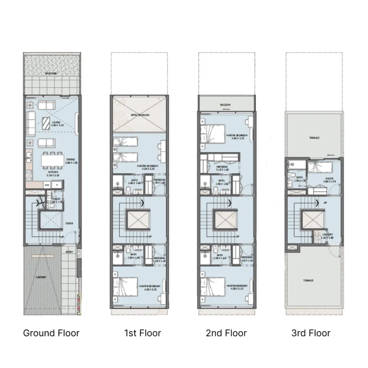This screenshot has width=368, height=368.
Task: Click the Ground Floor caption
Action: [51, 333]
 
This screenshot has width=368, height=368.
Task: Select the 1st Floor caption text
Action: [143, 333]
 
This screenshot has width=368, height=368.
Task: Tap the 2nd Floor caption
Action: [226, 333]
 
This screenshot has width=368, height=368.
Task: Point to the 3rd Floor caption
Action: [311, 333]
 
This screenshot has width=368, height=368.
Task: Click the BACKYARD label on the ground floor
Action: [51, 73]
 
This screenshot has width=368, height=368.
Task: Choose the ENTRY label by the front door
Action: [69, 252]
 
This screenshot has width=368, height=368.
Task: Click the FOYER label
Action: [69, 223]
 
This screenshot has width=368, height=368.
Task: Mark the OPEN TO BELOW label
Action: [140, 115]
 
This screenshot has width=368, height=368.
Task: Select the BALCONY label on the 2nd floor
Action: [225, 105]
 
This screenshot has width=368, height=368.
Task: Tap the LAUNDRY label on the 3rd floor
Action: [327, 235]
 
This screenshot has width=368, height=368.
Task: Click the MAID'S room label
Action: [329, 179]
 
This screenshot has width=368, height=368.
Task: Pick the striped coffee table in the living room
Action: [47, 123]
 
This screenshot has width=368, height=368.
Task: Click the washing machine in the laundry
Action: [317, 240]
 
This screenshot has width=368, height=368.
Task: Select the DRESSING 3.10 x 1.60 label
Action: [222, 168]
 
